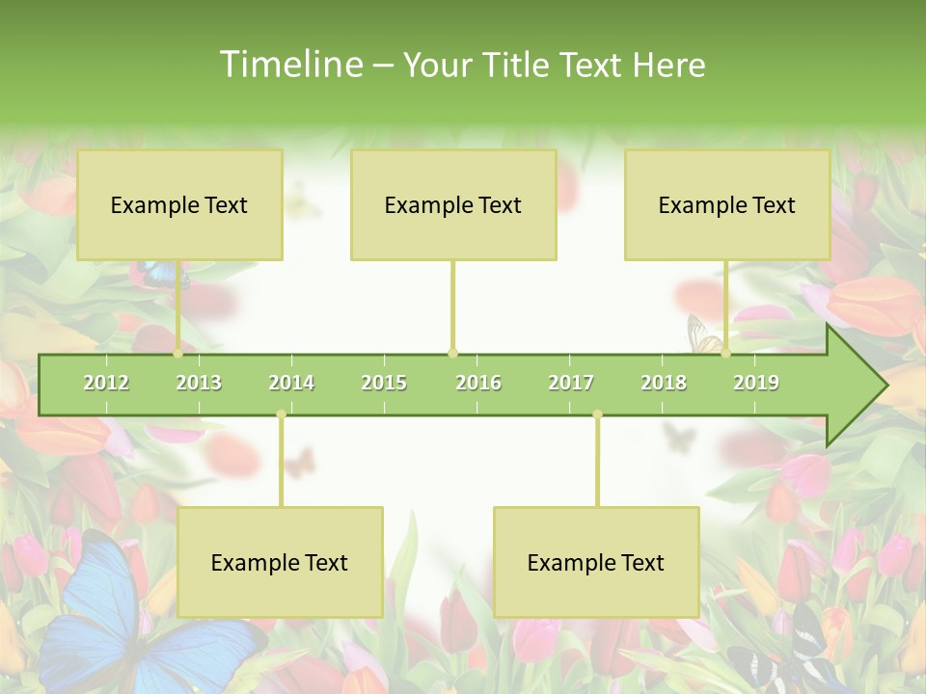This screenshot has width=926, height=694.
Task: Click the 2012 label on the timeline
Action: (x=106, y=384)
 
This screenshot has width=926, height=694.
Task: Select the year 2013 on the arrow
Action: (x=199, y=384)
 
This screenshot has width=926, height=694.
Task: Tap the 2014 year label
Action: (x=291, y=384)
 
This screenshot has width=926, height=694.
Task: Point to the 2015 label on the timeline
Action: (x=384, y=384)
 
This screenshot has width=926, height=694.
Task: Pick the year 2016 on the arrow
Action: (x=478, y=384)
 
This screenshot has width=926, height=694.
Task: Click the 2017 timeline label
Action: (x=571, y=384)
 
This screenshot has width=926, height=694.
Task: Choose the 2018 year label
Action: (x=664, y=384)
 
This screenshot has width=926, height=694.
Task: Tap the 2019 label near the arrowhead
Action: (x=756, y=384)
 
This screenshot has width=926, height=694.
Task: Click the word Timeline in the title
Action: (x=289, y=65)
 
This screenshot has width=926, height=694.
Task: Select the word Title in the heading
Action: (x=518, y=65)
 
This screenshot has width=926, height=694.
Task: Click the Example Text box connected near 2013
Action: (x=179, y=204)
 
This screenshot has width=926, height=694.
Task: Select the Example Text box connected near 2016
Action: (x=453, y=204)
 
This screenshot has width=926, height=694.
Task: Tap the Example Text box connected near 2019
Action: (x=727, y=204)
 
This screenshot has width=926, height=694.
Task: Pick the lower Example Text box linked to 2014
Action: (x=280, y=562)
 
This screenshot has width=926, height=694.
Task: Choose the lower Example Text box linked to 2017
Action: (x=596, y=562)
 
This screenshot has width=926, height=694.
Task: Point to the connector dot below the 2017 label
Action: (x=597, y=414)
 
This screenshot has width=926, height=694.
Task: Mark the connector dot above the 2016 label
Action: (x=452, y=353)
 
